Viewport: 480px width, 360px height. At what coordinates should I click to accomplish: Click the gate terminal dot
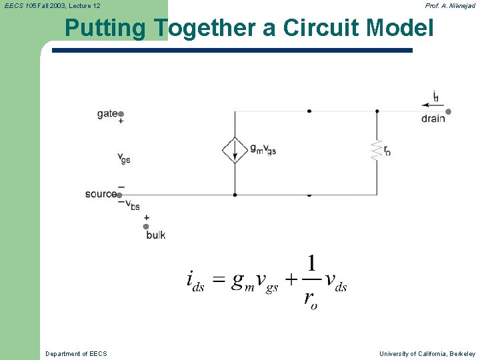pos(121,114)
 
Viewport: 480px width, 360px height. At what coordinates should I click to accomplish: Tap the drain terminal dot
pos(449,112)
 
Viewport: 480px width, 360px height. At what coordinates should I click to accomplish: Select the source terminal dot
pos(119,195)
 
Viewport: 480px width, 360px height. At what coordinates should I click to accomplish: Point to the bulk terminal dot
pos(146,227)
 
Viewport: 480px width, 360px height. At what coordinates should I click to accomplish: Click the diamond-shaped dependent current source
pos(235,150)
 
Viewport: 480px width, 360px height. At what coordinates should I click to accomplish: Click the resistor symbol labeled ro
pos(377,149)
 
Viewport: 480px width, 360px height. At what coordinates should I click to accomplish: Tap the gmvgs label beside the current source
pos(263,149)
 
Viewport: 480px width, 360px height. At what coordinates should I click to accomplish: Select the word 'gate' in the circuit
pos(107,114)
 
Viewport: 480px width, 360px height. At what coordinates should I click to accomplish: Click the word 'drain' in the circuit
pos(433,119)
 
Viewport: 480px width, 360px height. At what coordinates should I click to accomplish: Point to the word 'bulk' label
pos(155,235)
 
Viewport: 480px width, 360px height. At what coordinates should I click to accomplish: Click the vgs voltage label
pos(124,158)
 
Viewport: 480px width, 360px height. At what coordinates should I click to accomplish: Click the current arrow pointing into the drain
pos(427,104)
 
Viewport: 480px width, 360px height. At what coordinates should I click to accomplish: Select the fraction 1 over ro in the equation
pos(311,281)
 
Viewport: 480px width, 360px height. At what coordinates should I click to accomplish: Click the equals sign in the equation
pos(218,281)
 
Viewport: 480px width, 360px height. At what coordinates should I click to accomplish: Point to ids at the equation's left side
pos(195,281)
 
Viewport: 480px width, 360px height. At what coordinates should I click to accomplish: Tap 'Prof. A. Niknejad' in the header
pos(450,6)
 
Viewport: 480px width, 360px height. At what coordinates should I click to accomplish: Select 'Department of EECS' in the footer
pos(76,353)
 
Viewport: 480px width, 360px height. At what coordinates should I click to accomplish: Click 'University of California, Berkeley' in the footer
pos(427,353)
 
